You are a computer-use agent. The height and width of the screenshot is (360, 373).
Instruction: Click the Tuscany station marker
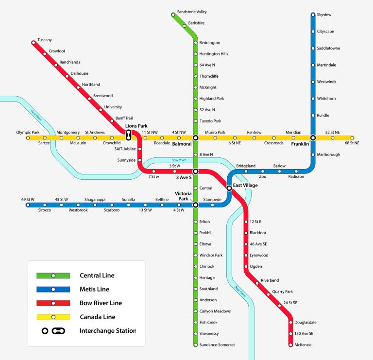(34, 43)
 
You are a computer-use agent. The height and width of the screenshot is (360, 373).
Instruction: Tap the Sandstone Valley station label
(192, 11)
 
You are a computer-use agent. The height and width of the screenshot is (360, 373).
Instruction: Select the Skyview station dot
(313, 15)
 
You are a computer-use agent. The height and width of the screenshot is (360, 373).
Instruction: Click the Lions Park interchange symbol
(129, 135)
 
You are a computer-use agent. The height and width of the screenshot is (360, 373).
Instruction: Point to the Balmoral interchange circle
(196, 138)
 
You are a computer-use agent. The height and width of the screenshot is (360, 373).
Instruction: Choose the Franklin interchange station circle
(313, 138)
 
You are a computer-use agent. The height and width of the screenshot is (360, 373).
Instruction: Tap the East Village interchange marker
(229, 188)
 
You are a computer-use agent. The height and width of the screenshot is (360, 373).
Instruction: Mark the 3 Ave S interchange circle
(196, 171)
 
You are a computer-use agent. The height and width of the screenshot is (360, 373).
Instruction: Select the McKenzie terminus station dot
(290, 345)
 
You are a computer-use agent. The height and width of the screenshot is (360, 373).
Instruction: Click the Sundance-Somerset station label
(217, 345)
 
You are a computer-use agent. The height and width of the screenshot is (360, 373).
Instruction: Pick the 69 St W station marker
(28, 205)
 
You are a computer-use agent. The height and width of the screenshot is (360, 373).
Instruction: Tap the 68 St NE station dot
(352, 138)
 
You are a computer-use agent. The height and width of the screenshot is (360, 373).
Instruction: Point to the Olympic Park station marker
(28, 138)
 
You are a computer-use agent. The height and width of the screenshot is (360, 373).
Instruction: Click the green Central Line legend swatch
(53, 275)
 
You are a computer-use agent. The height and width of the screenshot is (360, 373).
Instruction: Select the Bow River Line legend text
(101, 303)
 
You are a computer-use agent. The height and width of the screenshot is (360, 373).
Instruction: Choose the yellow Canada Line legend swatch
(53, 317)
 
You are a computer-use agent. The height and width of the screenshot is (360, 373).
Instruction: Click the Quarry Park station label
(282, 292)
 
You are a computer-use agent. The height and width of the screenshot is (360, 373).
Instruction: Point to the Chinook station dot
(196, 267)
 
